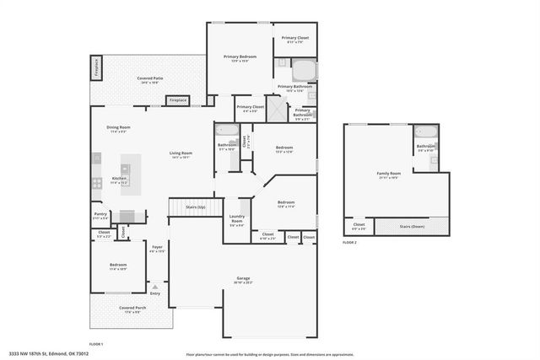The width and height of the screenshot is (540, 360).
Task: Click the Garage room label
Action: click(x=243, y=278)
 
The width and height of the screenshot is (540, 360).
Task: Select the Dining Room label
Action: click(x=117, y=128)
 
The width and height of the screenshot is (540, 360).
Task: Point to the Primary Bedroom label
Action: click(x=240, y=57)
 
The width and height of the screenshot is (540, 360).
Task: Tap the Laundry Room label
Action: click(x=237, y=221)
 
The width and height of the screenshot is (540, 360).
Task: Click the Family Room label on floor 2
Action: click(x=389, y=175)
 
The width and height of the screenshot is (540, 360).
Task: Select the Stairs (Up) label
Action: click(x=195, y=206)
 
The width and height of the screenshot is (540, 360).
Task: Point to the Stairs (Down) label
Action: click(x=412, y=226)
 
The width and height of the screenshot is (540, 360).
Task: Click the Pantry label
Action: click(x=100, y=214)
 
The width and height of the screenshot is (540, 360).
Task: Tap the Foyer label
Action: click(x=157, y=248)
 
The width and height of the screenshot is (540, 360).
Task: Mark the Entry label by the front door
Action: click(x=155, y=293)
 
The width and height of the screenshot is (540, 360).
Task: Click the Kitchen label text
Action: click(x=120, y=179)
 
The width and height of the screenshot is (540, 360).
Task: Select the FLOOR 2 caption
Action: click(x=350, y=242)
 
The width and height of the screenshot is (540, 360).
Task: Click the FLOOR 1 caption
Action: click(x=96, y=344)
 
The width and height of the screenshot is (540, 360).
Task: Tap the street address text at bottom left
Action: click(x=49, y=354)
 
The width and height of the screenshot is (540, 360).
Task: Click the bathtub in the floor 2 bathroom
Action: click(x=424, y=131)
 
